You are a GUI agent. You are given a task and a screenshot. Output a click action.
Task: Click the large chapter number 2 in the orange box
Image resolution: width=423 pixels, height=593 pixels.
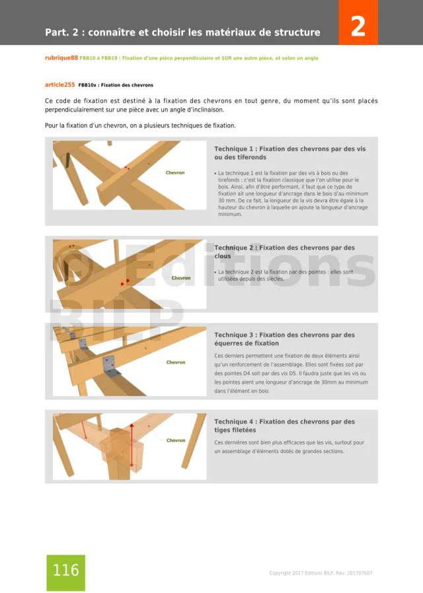(x=358, y=27)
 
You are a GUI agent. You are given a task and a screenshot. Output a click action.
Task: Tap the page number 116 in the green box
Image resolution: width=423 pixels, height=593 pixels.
(x=65, y=570)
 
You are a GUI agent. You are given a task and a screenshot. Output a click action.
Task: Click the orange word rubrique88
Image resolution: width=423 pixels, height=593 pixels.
(x=61, y=58)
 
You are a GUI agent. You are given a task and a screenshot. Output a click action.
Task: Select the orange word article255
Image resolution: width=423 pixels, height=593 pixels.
(x=59, y=85)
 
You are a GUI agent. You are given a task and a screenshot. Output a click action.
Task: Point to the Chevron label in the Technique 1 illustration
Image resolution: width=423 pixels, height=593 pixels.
(x=175, y=172)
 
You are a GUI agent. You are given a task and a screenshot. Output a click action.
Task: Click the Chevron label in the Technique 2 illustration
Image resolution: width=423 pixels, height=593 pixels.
(x=181, y=278)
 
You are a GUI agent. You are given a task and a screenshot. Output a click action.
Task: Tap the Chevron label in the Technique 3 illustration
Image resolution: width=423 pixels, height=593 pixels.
(x=176, y=362)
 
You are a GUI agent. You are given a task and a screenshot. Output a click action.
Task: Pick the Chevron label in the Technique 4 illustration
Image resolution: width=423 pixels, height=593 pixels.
(x=176, y=440)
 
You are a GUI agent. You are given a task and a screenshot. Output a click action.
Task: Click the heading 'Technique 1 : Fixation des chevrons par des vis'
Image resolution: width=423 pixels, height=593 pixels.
(x=289, y=149)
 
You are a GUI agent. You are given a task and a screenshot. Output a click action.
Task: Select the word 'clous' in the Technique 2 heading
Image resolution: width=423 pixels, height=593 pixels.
(x=223, y=256)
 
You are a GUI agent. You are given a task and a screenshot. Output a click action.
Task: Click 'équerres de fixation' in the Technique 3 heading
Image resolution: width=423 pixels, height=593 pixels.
(x=247, y=343)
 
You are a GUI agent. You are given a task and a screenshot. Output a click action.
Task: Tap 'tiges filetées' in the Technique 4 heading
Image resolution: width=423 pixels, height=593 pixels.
(x=235, y=430)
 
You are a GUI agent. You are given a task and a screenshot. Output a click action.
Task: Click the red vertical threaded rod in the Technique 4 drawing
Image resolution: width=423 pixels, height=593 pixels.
(x=132, y=444)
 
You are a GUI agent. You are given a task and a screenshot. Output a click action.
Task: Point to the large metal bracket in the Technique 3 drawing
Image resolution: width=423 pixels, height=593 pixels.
(x=109, y=363)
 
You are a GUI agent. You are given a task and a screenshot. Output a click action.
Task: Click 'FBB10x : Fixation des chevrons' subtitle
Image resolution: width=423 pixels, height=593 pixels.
(x=116, y=85)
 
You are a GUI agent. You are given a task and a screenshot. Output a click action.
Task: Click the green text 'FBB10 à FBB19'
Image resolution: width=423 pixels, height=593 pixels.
(x=98, y=58)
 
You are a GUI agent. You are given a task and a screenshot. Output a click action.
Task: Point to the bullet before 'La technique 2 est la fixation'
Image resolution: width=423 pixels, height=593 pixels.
(x=215, y=272)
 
